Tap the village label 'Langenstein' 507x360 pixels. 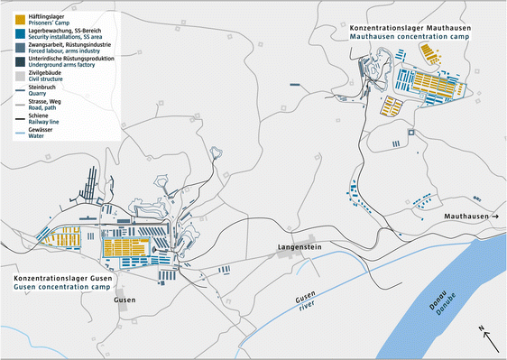point(300,245)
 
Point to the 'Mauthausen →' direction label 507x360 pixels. point(468,218)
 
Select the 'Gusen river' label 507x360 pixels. point(306,303)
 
